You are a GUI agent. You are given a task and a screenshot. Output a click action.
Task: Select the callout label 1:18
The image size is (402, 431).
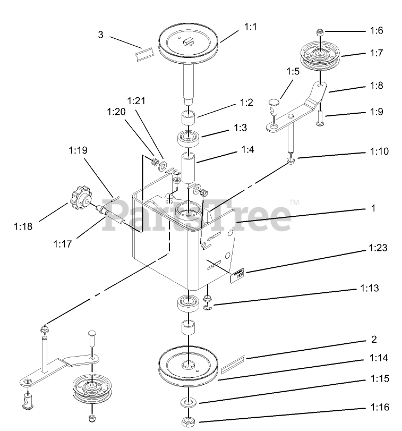23,226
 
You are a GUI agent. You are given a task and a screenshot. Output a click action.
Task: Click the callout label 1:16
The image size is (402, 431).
379,407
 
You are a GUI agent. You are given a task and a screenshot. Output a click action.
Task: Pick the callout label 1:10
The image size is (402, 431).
379,151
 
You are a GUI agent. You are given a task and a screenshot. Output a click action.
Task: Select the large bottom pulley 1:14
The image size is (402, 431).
189,367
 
